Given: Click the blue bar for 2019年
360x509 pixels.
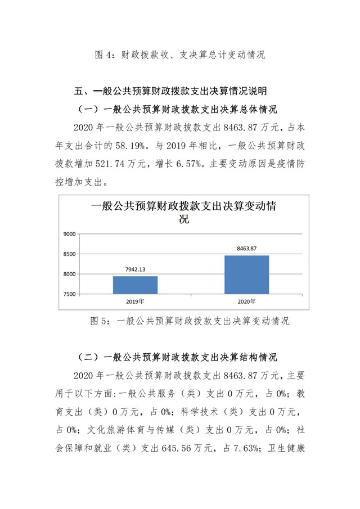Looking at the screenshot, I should pyautogui.click(x=135, y=285).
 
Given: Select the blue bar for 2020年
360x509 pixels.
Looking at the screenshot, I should pyautogui.click(x=246, y=274).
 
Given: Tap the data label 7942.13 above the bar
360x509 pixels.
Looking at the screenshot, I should pyautogui.click(x=135, y=269).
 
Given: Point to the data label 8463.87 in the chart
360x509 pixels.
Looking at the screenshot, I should pyautogui.click(x=246, y=249).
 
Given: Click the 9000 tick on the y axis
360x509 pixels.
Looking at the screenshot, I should pyautogui.click(x=69, y=234).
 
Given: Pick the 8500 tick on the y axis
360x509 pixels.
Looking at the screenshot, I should pyautogui.click(x=69, y=254).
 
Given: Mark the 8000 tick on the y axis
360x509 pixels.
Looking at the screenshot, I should pyautogui.click(x=69, y=274).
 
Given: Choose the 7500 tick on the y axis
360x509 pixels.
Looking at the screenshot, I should pyautogui.click(x=69, y=294).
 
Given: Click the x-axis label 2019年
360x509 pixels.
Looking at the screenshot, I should pyautogui.click(x=135, y=301).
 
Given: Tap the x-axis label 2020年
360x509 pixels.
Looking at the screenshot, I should pyautogui.click(x=246, y=301).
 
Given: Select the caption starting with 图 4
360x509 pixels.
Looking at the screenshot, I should pyautogui.click(x=179, y=55).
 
